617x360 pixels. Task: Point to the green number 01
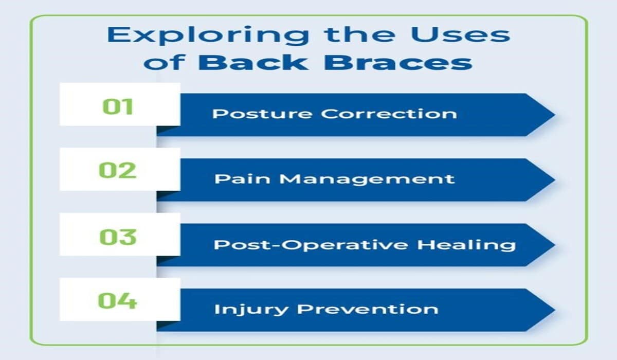tap(118, 106)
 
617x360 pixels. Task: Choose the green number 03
tap(118, 237)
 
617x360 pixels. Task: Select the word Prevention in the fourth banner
tap(368, 309)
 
